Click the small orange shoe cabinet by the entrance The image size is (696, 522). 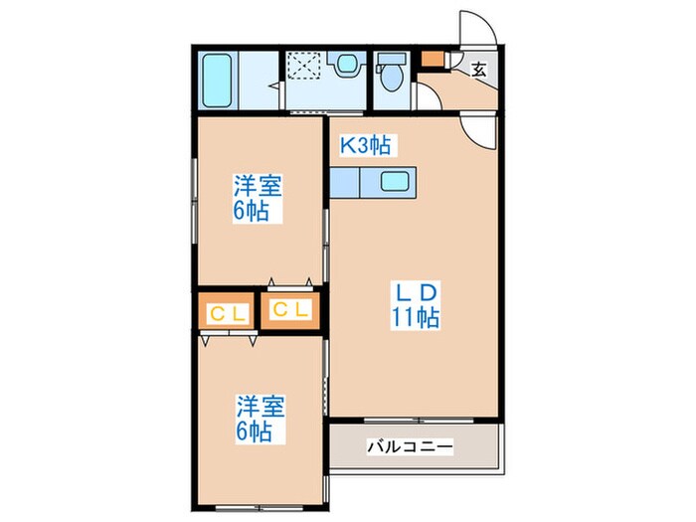click(431, 57)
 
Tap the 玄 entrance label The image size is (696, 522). click(479, 70)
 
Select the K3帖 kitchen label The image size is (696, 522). click(366, 146)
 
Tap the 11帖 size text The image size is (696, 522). click(417, 319)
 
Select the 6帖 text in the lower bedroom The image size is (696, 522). click(255, 432)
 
